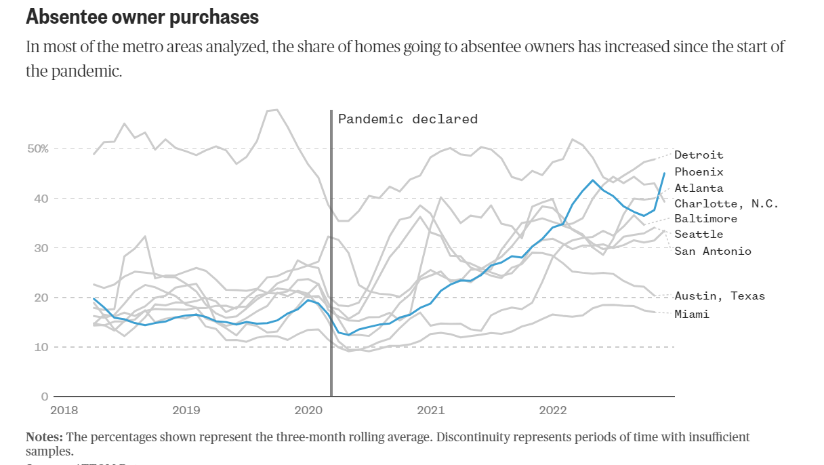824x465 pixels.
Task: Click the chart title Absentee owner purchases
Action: tap(142, 17)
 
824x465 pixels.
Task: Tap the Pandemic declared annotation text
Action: tap(407, 119)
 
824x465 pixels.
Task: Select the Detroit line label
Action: tap(699, 155)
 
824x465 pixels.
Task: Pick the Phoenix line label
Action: tap(699, 172)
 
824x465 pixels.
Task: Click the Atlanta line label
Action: tap(699, 188)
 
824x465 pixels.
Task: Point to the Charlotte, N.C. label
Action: tap(726, 204)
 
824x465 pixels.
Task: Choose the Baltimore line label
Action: tap(705, 219)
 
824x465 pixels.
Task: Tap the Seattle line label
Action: tap(699, 235)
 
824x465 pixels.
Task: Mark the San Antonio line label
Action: tap(712, 251)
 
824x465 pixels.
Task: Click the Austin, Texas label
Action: tap(719, 296)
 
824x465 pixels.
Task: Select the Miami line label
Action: tap(691, 315)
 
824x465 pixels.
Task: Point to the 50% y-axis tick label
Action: tap(38, 148)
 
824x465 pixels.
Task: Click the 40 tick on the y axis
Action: tap(41, 198)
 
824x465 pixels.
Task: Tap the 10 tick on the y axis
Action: tap(41, 347)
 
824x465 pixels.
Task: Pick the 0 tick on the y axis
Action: tap(45, 397)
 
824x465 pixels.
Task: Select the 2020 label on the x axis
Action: tap(309, 410)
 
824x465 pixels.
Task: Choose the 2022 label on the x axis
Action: tap(552, 410)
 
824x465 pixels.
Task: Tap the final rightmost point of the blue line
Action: tap(664, 174)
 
